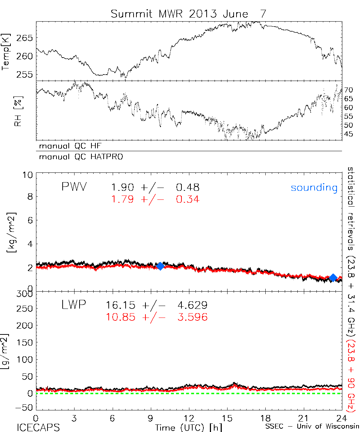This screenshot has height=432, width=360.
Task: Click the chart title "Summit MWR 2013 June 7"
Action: click(x=189, y=14)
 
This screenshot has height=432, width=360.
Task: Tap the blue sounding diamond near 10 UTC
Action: click(x=161, y=266)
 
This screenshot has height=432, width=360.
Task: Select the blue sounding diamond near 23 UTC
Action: click(x=333, y=278)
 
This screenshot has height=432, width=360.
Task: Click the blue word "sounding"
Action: click(x=314, y=188)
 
